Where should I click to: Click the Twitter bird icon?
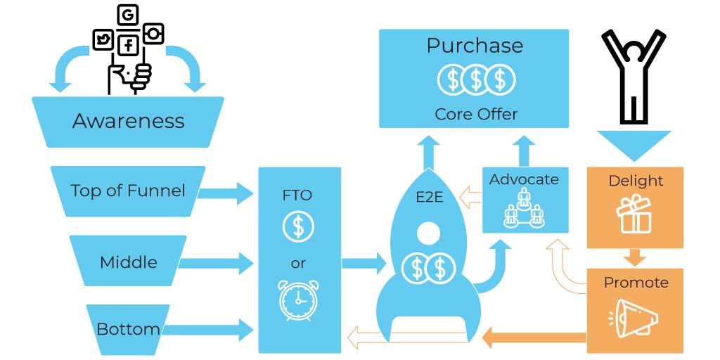[103, 40]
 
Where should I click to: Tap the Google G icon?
[128, 15]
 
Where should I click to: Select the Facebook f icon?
[129, 45]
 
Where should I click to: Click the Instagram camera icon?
[153, 34]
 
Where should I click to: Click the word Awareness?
[128, 121]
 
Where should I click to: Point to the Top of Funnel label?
[128, 190]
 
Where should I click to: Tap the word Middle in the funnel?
[129, 262]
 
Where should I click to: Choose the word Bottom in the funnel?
[128, 329]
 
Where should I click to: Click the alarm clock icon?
[298, 300]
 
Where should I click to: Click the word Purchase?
[475, 46]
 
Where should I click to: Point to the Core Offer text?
[476, 113]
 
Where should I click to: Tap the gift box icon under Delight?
[634, 213]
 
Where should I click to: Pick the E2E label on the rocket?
[429, 197]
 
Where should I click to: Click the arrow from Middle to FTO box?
[216, 263]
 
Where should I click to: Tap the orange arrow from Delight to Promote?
[635, 257]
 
